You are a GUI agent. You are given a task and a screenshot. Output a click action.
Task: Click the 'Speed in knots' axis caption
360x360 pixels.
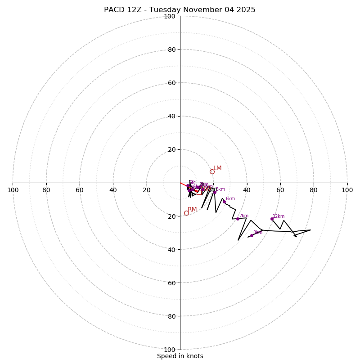pyautogui.click(x=180, y=356)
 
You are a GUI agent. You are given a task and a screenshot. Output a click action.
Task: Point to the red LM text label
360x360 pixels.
pyautogui.click(x=217, y=168)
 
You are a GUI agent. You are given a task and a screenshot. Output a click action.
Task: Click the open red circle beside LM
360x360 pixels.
pyautogui.click(x=212, y=171)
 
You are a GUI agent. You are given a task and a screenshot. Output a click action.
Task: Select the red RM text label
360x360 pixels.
pyautogui.click(x=192, y=210)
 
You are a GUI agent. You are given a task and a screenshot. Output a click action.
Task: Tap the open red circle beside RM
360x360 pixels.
pyautogui.click(x=186, y=213)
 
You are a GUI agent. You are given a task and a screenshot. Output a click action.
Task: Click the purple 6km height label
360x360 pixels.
pyautogui.click(x=230, y=199)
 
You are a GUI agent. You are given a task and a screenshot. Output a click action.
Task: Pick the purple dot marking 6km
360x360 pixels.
pyautogui.click(x=224, y=202)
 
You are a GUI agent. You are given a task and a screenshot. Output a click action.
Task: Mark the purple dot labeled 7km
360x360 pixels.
pyautogui.click(x=238, y=219)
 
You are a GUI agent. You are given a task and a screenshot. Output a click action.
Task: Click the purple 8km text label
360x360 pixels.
pyautogui.click(x=257, y=233)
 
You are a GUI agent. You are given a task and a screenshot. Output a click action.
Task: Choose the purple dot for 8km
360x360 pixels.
pyautogui.click(x=252, y=235)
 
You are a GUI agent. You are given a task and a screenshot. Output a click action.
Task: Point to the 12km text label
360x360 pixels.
pyautogui.click(x=279, y=216)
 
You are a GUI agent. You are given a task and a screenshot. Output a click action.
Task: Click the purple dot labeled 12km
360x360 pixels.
pyautogui.click(x=272, y=219)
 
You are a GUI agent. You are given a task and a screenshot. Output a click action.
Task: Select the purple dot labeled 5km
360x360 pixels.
pyautogui.click(x=215, y=192)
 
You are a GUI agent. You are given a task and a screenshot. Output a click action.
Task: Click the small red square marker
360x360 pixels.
pyautogui.click(x=199, y=192)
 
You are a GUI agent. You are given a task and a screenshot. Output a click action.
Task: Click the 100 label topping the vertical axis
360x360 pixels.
pyautogui.click(x=170, y=16)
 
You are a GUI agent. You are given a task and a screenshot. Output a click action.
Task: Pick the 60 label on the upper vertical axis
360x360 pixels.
pyautogui.click(x=171, y=83)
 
